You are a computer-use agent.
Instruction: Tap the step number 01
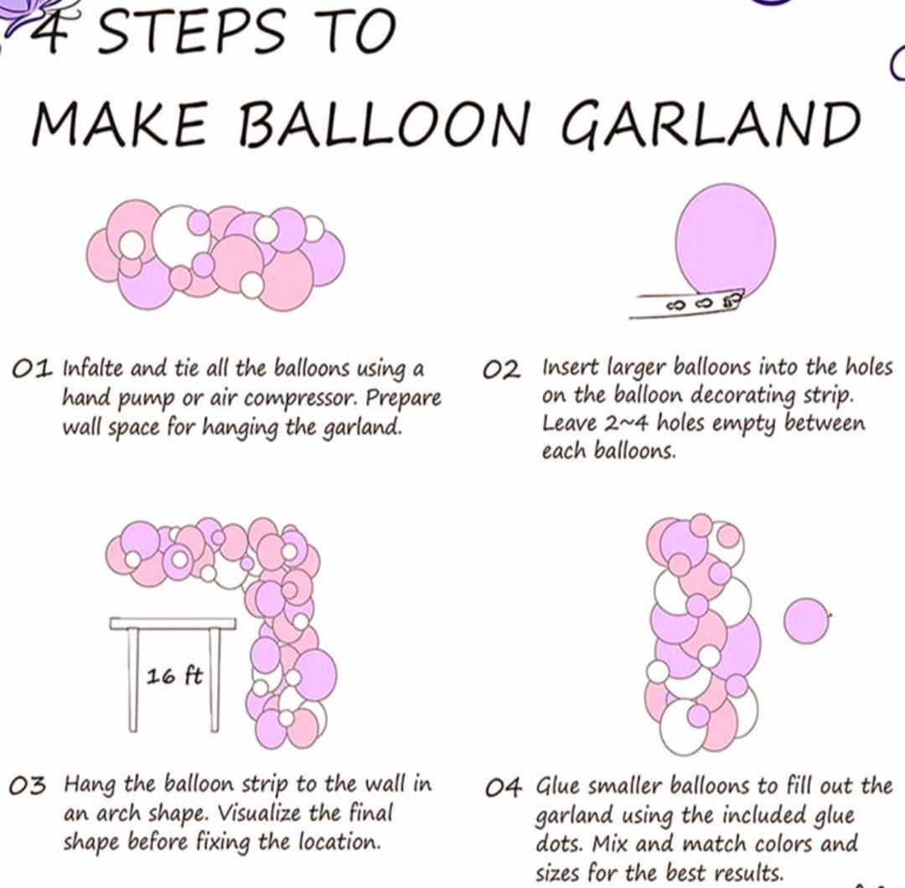33,369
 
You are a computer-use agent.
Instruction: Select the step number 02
502,370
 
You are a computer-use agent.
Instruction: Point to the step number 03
27,786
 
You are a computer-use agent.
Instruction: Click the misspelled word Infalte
94,368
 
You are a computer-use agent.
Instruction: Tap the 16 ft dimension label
173,676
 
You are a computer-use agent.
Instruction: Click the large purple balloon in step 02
725,242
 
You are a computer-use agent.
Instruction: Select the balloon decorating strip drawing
685,304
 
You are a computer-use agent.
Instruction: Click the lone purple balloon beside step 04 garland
806,621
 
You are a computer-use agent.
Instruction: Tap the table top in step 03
173,624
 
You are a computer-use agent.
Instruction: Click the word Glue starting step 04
555,787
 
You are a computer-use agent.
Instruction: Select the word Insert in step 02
569,368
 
